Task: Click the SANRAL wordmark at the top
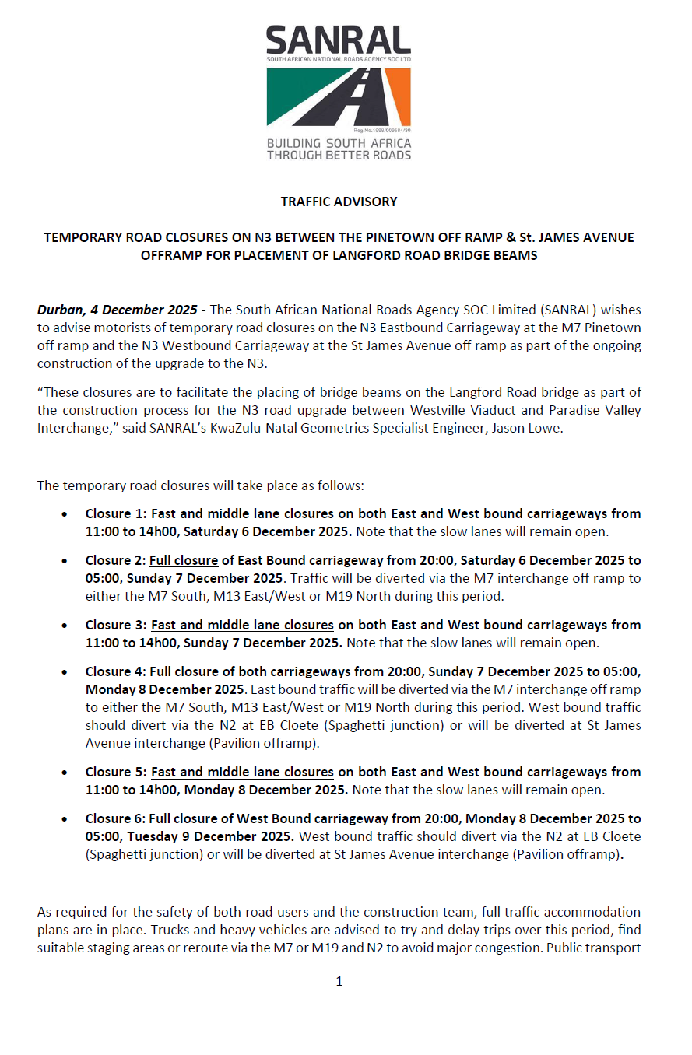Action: [338, 40]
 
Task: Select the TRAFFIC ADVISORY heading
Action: [339, 202]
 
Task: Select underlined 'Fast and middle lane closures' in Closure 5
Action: [242, 772]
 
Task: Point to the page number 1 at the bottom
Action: [339, 981]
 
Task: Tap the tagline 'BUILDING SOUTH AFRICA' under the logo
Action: [339, 144]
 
